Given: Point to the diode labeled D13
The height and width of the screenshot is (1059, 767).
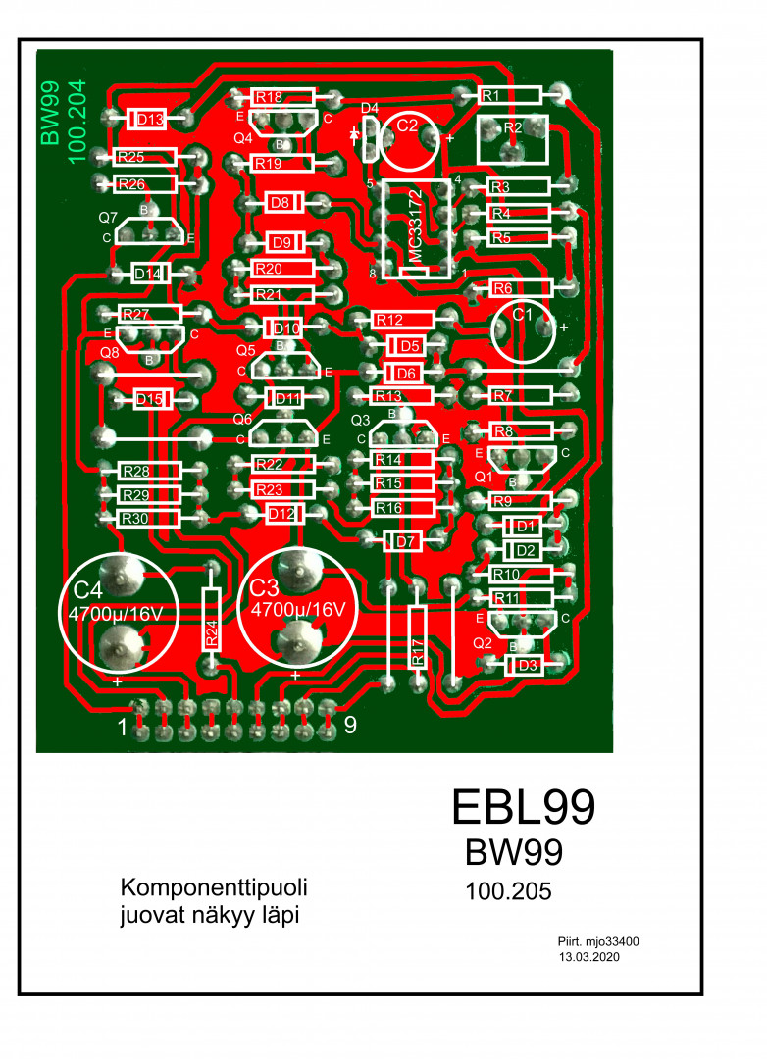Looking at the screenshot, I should point(150,119).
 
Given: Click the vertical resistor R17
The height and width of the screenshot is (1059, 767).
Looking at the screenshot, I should point(418,637).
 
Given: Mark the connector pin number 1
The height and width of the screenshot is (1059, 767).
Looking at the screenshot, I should point(123,728).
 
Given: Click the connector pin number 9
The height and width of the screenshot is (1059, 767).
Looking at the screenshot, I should point(350,726).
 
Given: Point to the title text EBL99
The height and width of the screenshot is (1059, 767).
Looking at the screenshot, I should point(523,806).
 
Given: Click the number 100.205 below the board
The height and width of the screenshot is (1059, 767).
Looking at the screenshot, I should point(508,892).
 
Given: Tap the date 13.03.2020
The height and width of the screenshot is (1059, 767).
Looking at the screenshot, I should point(588,955).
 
